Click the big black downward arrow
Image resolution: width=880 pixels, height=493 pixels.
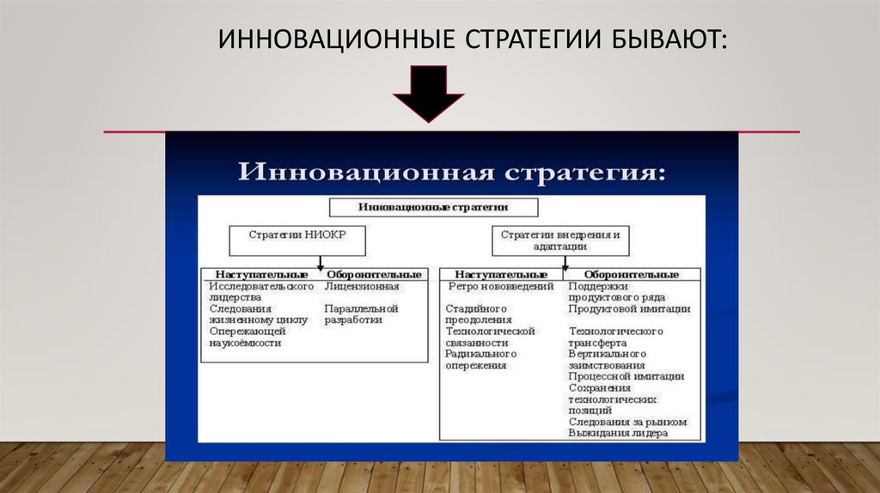tap(429, 93)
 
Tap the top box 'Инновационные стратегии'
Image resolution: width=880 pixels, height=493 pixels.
tap(434, 206)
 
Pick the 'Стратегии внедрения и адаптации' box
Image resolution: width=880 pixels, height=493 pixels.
tap(559, 240)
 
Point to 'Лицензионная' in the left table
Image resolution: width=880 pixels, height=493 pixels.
tap(361, 286)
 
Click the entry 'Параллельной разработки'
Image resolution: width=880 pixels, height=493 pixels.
tap(361, 313)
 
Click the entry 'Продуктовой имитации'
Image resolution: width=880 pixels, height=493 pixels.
tap(629, 308)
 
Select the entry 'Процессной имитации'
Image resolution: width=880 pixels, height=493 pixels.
tap(626, 375)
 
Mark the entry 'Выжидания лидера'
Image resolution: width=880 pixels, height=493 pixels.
tap(617, 433)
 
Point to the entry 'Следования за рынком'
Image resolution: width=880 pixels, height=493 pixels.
tap(627, 421)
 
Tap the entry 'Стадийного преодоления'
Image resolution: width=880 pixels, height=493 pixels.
tap(478, 313)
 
